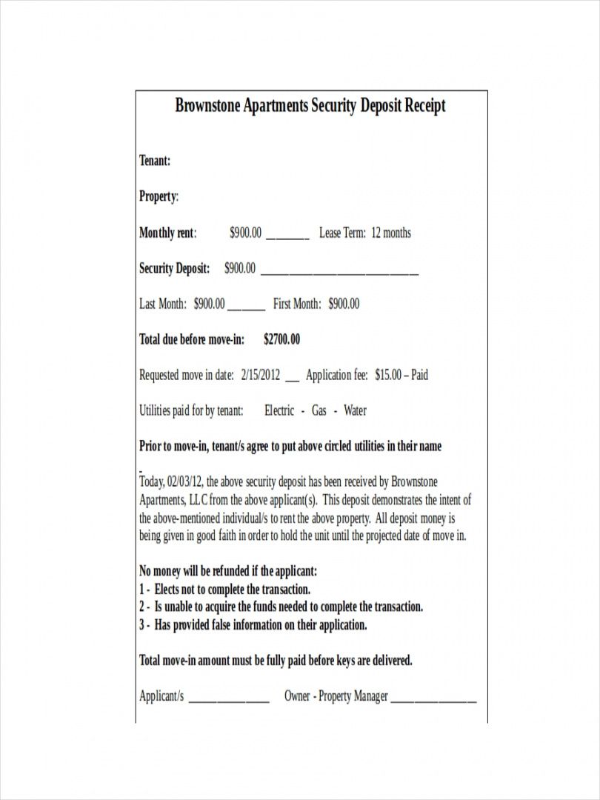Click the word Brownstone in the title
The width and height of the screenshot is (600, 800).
click(x=204, y=105)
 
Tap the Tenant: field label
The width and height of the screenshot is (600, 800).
click(x=155, y=161)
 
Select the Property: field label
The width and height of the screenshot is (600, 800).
click(x=159, y=196)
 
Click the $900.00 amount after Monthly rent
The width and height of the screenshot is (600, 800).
click(x=245, y=233)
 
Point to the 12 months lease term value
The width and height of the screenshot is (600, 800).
click(x=390, y=233)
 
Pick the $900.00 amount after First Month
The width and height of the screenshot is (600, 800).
click(x=344, y=304)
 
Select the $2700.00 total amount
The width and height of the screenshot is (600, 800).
click(x=281, y=339)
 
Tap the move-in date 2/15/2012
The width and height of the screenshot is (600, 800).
click(x=261, y=375)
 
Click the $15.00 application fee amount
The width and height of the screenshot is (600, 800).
click(x=388, y=375)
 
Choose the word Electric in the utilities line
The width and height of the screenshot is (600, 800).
click(x=279, y=410)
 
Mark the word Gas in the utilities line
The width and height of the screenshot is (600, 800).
click(x=319, y=410)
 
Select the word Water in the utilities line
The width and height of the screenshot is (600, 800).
click(x=355, y=410)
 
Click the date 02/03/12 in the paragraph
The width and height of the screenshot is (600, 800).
click(x=183, y=482)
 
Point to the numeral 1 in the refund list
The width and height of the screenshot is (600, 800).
click(x=141, y=590)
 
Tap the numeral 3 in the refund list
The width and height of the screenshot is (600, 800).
click(x=142, y=625)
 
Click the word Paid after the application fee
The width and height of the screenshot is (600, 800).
click(x=419, y=375)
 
